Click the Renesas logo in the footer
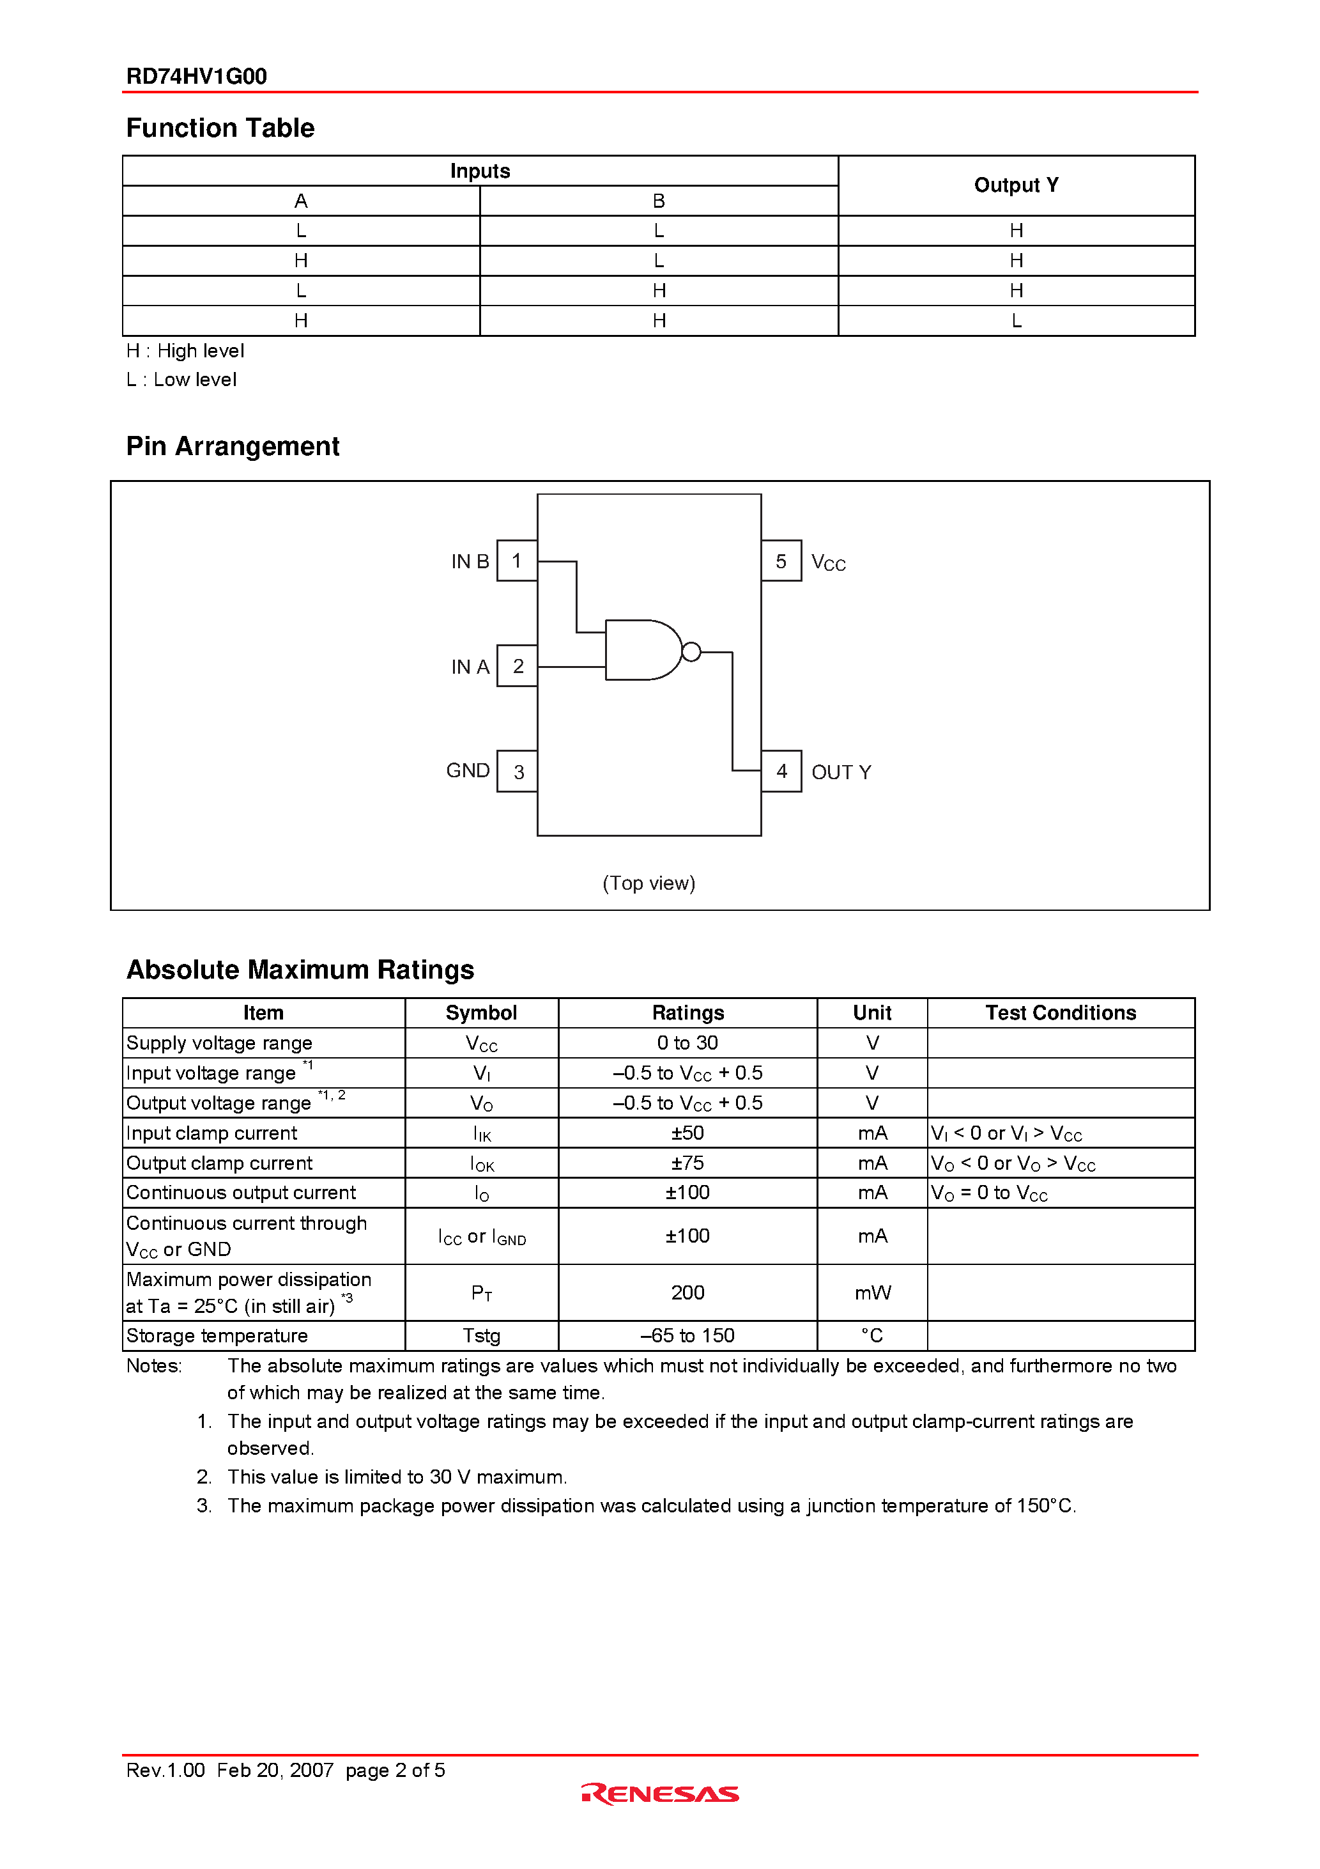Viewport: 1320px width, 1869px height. [660, 1794]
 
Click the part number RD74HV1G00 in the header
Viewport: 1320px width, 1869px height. [196, 77]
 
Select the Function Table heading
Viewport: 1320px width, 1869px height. [220, 128]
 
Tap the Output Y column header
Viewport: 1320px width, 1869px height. [1016, 185]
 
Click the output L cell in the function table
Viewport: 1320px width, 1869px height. [1016, 321]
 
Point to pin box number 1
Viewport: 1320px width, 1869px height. [517, 561]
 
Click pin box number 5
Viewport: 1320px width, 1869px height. [781, 561]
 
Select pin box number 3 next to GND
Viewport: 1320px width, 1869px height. [518, 772]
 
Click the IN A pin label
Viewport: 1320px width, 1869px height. [470, 667]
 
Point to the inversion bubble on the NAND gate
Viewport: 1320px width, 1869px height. [691, 652]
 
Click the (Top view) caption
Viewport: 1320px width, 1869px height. [648, 883]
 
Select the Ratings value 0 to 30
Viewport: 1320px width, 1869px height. [687, 1043]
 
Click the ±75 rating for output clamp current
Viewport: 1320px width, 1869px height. [687, 1163]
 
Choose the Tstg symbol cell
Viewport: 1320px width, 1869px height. [482, 1336]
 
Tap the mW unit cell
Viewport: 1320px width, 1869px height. [872, 1292]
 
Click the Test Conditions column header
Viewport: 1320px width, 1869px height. [1061, 1012]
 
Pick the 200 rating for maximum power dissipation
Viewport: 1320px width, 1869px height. [687, 1292]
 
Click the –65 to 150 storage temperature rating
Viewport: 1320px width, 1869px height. [687, 1336]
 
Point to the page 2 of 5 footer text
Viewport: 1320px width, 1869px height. [395, 1771]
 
